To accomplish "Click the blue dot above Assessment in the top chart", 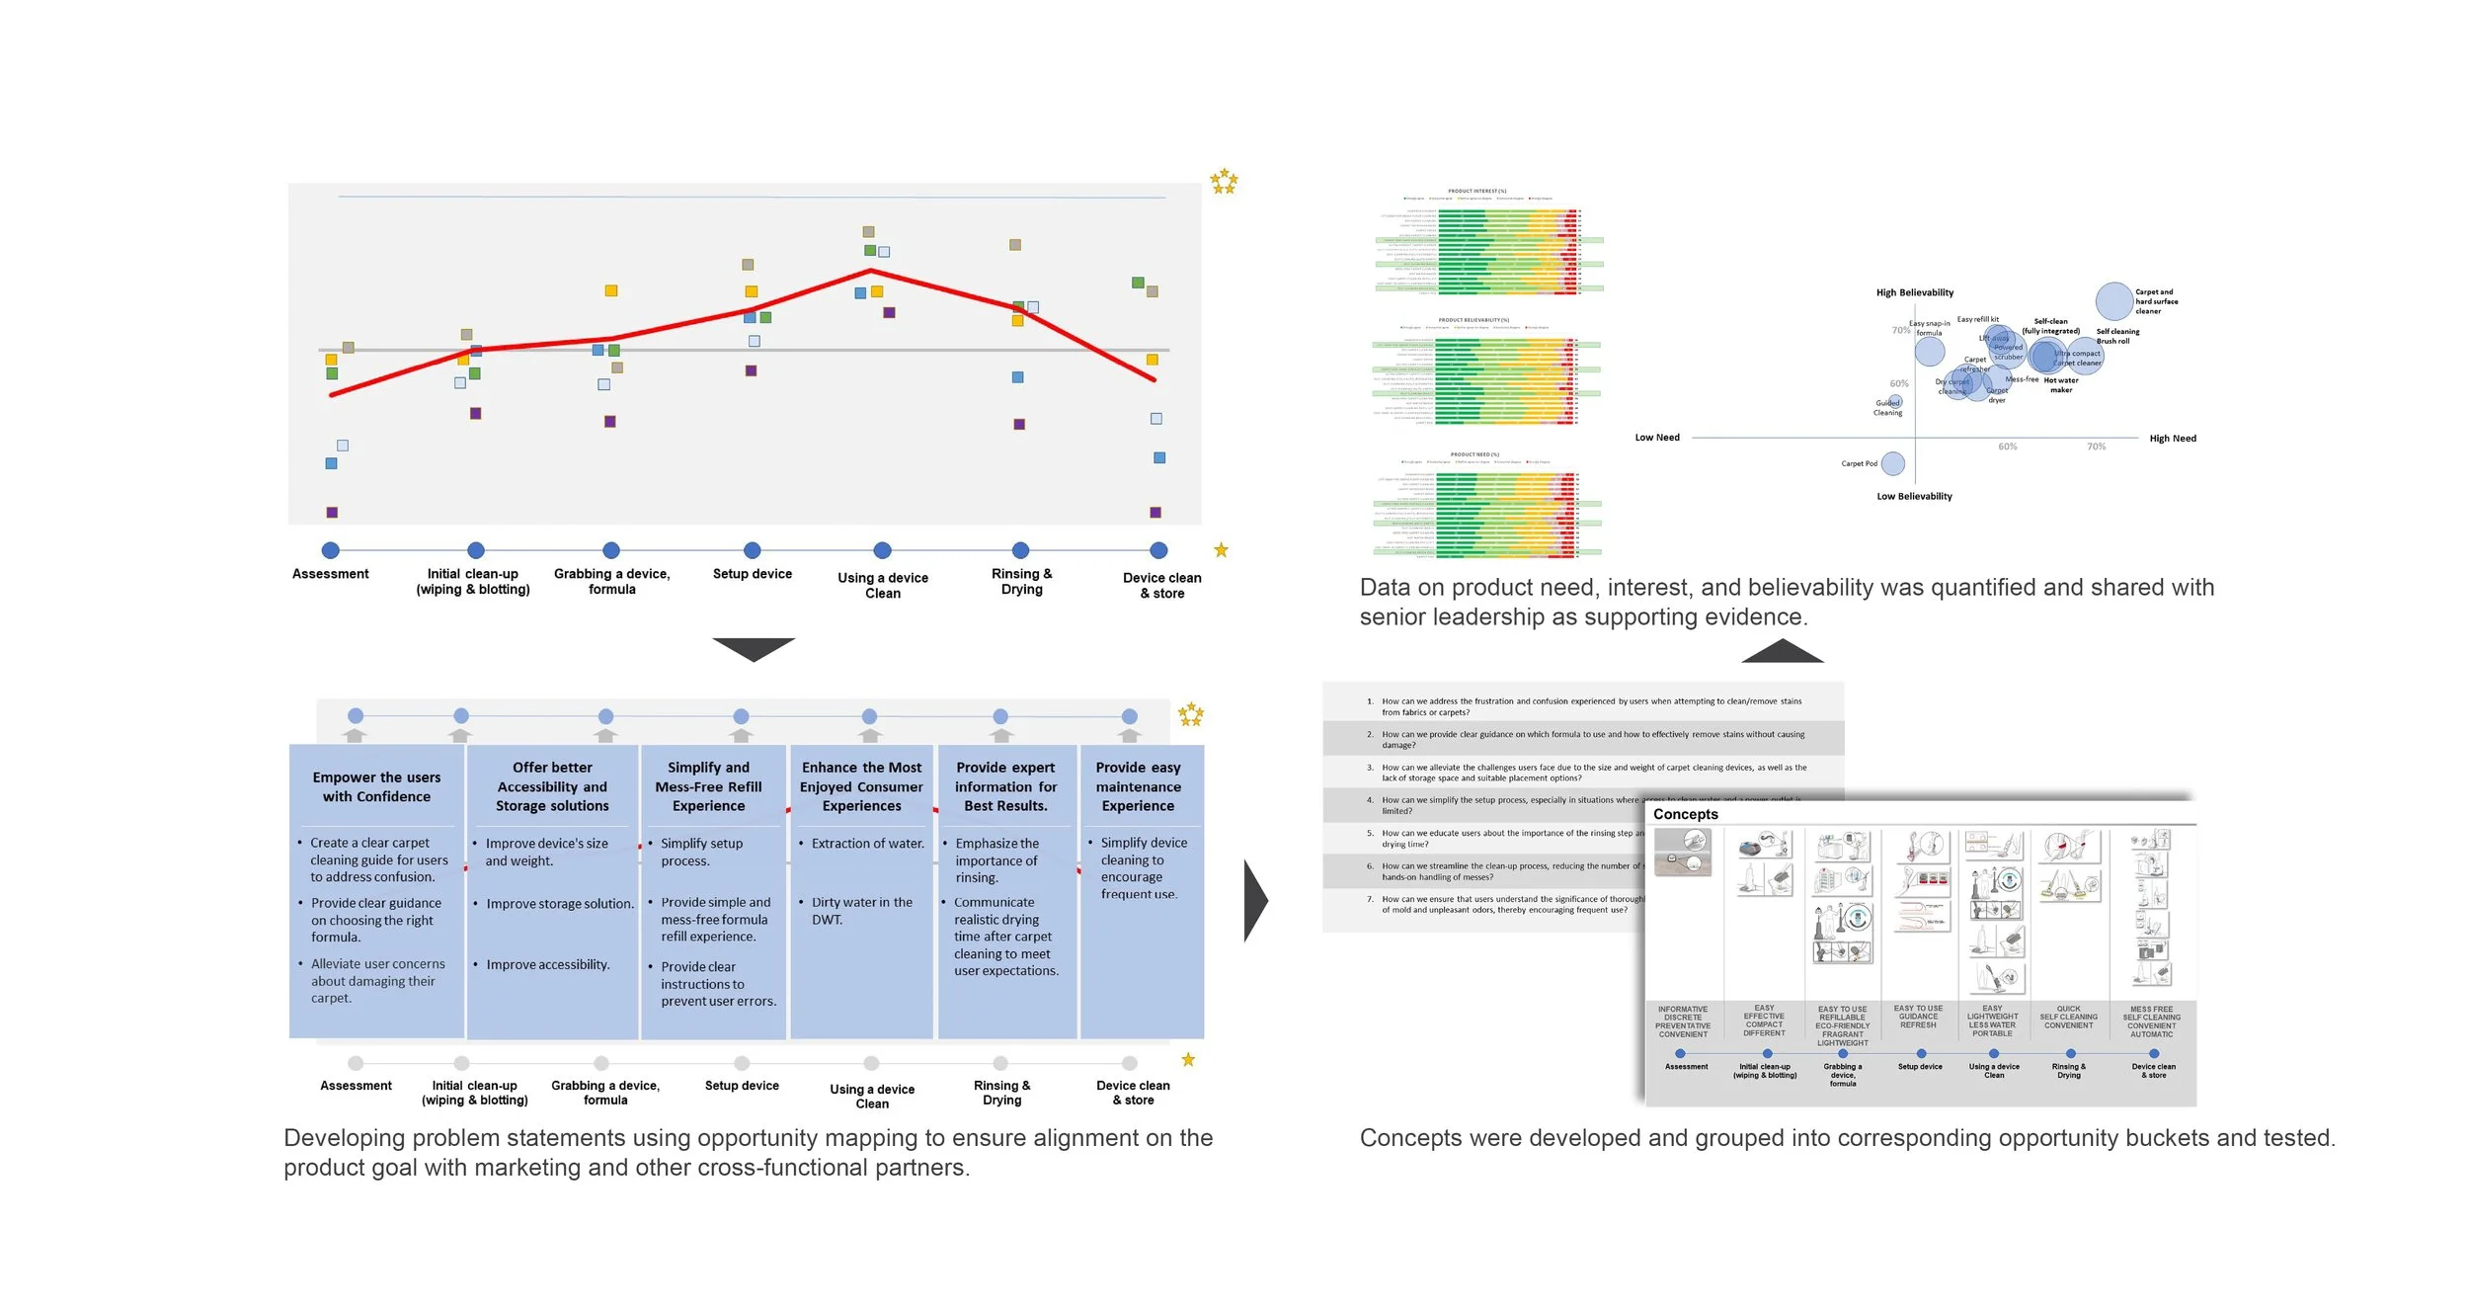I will [x=331, y=550].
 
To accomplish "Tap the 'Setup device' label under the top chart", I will [x=753, y=574].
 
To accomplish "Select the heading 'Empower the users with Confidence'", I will [x=376, y=787].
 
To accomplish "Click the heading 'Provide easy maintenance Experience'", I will [x=1138, y=786].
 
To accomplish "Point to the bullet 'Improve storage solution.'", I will [x=559, y=904].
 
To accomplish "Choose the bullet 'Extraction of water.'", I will [x=867, y=844].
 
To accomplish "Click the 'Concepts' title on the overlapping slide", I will [x=1685, y=814].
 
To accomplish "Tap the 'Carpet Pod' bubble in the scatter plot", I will [x=1892, y=463].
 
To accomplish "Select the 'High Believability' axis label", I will [x=1914, y=292].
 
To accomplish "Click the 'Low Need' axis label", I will [x=1656, y=438].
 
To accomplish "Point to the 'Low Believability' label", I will [x=1914, y=497].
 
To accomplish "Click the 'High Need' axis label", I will [x=2172, y=439].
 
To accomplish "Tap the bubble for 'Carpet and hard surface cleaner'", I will [x=2113, y=301].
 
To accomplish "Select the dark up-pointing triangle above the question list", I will [x=1782, y=651].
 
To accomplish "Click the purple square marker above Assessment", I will [x=332, y=513].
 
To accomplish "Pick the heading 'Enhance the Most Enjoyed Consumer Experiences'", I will [x=861, y=786].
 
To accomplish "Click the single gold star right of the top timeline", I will [x=1221, y=550].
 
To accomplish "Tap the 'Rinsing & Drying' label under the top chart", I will [x=1021, y=582].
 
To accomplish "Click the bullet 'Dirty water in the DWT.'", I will [x=861, y=911].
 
